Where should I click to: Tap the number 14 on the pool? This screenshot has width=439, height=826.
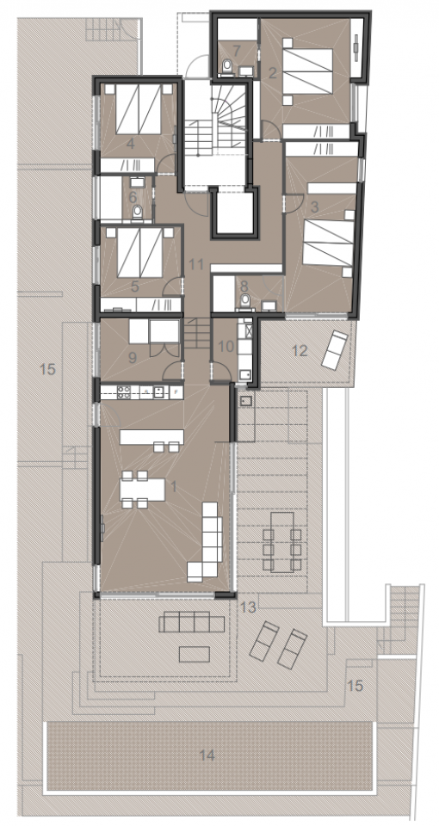(x=207, y=755)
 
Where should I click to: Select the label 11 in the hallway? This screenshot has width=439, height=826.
(x=195, y=264)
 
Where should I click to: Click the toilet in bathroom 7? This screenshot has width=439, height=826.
(x=226, y=65)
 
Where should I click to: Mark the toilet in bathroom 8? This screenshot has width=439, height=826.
(x=245, y=299)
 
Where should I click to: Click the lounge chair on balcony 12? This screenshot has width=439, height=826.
(x=336, y=347)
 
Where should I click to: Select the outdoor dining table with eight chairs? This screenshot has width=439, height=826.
(x=281, y=541)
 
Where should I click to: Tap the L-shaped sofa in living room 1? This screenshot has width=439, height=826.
(x=207, y=546)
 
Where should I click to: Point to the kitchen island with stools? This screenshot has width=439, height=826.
(x=151, y=438)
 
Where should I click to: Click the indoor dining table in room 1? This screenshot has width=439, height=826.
(x=143, y=491)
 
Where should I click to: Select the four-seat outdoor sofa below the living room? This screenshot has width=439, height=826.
(x=194, y=621)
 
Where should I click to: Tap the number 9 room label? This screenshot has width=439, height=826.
(x=132, y=354)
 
